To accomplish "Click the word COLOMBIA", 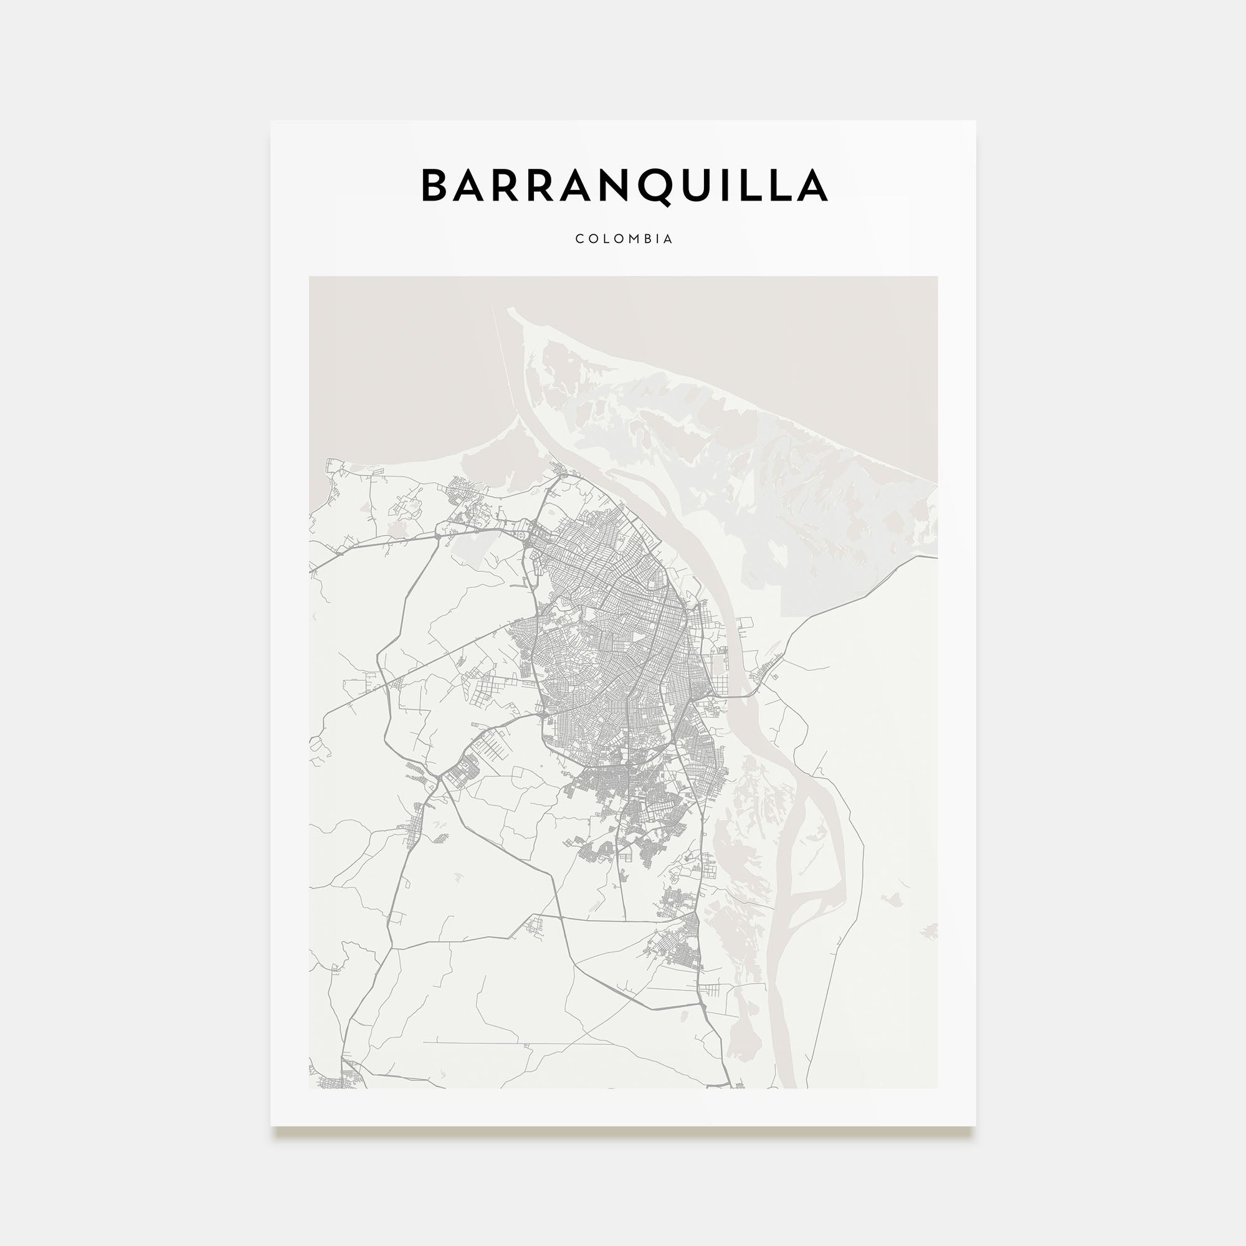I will pos(624,239).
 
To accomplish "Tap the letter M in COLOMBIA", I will pos(629,239).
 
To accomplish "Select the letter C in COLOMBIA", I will pos(579,239).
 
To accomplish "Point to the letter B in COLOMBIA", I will pos(644,239).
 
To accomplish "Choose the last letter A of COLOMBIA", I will pos(668,239).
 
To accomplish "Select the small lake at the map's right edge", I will pos(930,930).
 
